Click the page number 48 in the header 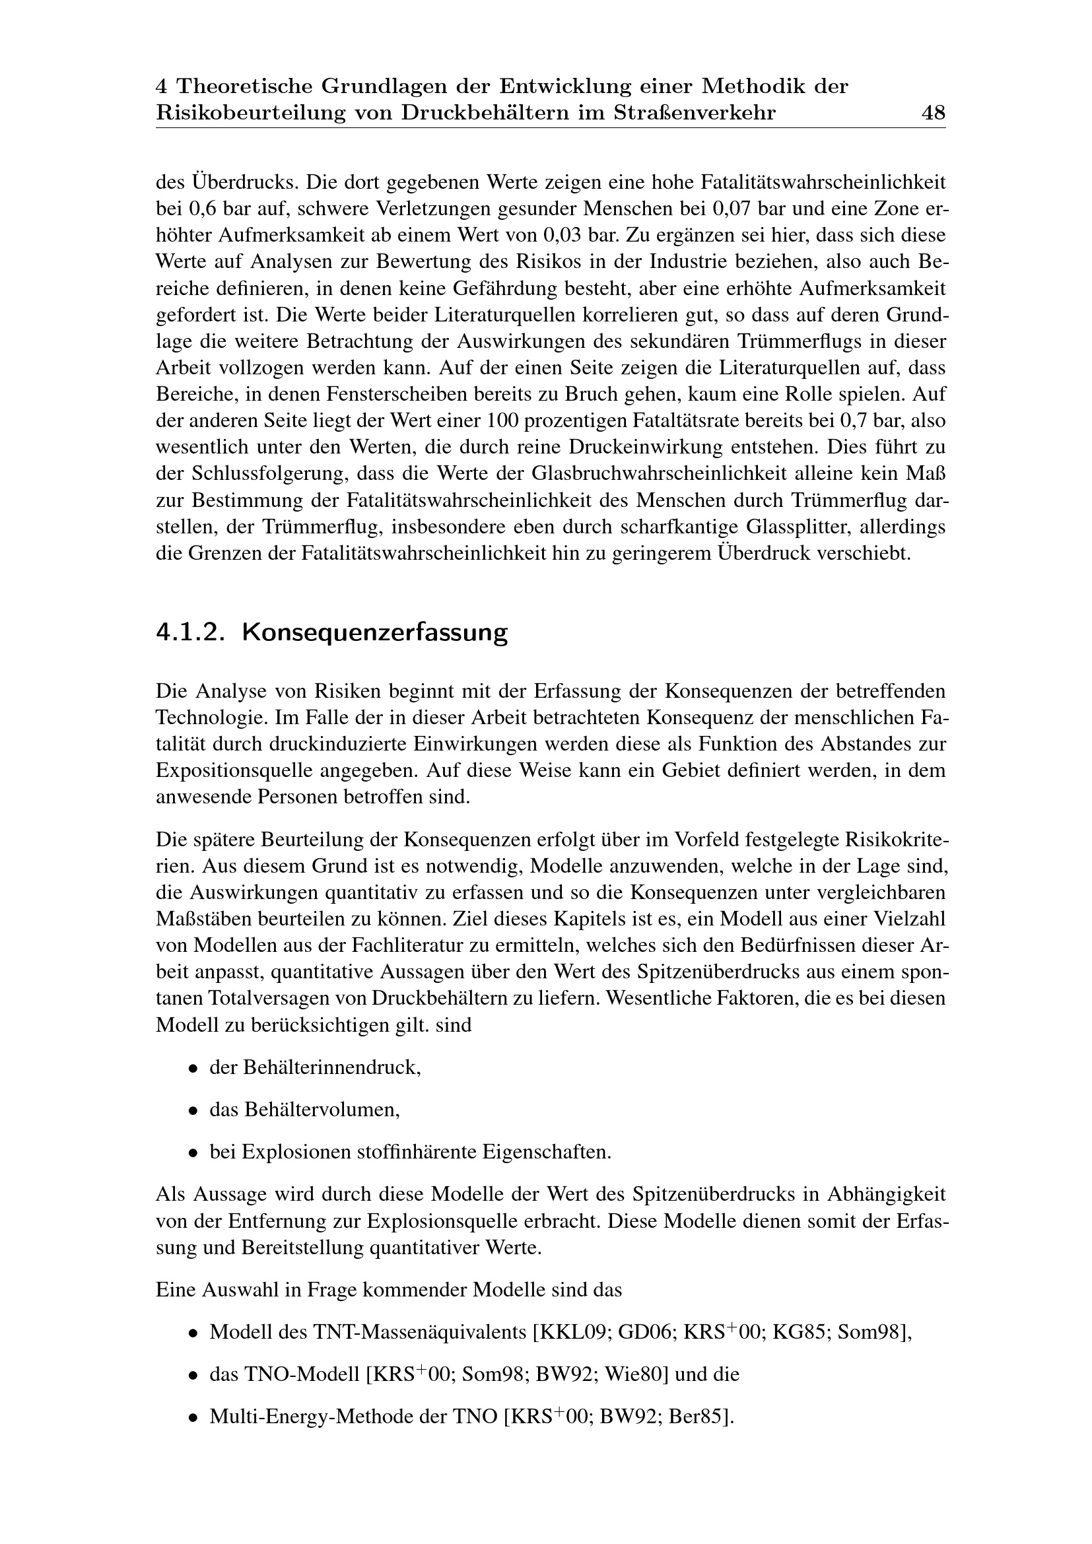pos(934,113)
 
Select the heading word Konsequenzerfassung pos(374,633)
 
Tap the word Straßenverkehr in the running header pos(694,113)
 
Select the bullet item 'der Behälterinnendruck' pos(315,1067)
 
